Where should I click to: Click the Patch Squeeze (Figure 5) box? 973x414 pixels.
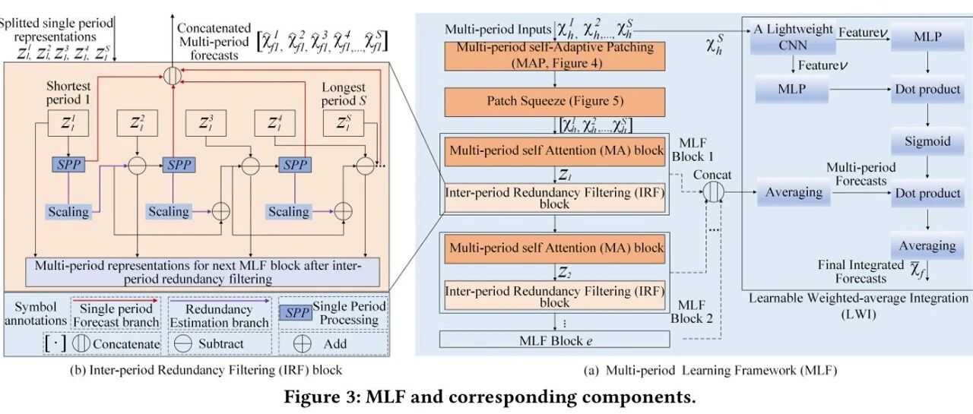[555, 102]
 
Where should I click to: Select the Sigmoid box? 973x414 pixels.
[927, 141]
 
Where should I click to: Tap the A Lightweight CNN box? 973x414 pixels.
[793, 38]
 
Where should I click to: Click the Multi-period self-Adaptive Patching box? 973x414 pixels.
[555, 55]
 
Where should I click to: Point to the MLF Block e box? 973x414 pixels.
[555, 340]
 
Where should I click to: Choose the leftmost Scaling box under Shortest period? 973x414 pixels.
[68, 212]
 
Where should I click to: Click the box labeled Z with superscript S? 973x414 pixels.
[344, 123]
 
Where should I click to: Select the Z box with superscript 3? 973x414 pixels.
[206, 123]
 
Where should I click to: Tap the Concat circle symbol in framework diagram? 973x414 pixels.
[713, 192]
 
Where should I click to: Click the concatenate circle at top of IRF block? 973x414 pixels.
[173, 75]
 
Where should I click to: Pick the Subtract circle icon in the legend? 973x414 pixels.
[182, 344]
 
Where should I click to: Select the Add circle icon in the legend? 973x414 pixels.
[303, 344]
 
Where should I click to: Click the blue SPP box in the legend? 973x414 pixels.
[296, 312]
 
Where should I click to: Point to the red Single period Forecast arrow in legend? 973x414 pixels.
[115, 300]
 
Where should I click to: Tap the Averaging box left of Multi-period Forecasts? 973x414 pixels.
[794, 192]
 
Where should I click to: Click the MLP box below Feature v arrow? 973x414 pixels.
[792, 89]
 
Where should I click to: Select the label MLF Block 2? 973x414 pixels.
[692, 311]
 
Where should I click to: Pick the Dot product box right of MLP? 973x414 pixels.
[927, 89]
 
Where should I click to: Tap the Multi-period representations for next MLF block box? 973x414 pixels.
[202, 272]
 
